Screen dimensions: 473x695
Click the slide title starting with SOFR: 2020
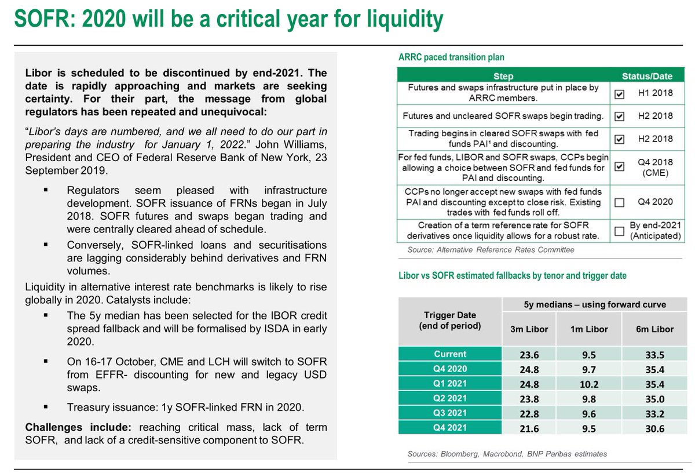(229, 20)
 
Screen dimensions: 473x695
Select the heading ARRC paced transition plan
(451, 57)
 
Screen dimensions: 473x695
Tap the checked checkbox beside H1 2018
(619, 93)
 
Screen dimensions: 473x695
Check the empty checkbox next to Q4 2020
(619, 202)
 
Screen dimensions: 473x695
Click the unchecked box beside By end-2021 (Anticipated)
(619, 231)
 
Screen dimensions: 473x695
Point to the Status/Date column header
(647, 76)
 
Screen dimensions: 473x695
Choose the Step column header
(503, 76)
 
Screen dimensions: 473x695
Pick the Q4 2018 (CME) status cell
(655, 167)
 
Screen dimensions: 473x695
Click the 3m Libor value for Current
(528, 354)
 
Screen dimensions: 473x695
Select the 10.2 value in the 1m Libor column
(588, 383)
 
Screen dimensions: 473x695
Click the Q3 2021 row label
(450, 413)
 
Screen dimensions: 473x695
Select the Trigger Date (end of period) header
(450, 321)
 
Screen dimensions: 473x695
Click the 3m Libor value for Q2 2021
(528, 398)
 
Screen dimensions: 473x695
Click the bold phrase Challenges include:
(78, 427)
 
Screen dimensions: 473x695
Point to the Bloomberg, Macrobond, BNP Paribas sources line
(507, 454)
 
